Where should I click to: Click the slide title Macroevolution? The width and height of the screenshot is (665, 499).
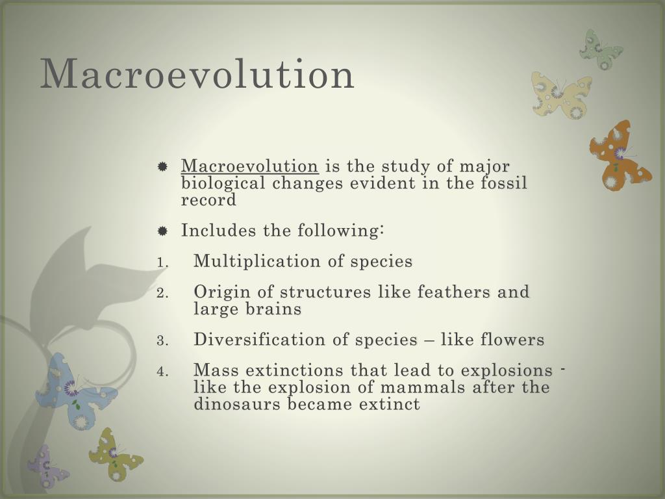coord(197,74)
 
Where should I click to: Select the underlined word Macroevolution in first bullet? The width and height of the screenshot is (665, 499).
coord(249,166)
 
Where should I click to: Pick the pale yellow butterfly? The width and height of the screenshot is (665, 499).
coord(561,94)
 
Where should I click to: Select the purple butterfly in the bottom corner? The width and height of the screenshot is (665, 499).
coord(46,466)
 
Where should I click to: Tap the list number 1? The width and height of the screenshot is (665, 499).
coord(162,262)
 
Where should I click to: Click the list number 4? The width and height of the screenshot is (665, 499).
coord(162,372)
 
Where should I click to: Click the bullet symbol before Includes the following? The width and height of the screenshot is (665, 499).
coord(163,231)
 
